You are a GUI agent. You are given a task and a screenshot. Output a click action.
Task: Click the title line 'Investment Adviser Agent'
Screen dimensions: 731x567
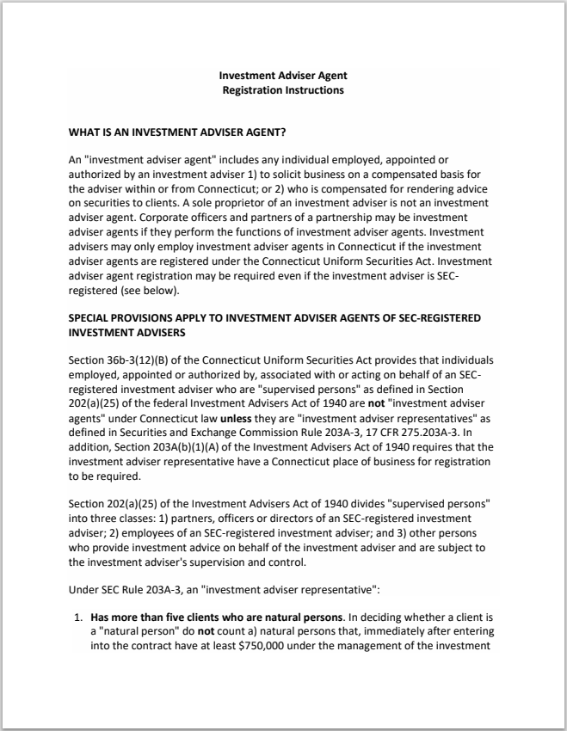[x=283, y=76]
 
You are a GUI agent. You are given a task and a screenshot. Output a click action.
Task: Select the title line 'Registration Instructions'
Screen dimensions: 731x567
[x=283, y=89]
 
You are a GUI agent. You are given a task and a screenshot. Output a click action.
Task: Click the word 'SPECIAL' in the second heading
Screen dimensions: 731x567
[x=91, y=317]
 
